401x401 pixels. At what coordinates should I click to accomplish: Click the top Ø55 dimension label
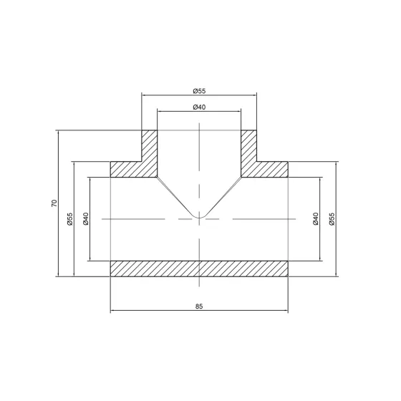[199, 90]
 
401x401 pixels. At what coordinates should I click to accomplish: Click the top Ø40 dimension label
[199, 107]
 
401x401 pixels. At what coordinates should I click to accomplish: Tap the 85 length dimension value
[199, 306]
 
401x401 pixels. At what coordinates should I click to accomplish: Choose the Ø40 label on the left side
[86, 219]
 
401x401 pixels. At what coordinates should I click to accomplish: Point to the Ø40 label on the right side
[316, 219]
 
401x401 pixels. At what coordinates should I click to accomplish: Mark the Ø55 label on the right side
[332, 219]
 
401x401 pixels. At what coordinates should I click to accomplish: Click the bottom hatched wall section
[199, 268]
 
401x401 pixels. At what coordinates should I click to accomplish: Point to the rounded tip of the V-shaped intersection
[199, 217]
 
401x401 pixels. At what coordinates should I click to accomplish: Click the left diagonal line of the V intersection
[175, 193]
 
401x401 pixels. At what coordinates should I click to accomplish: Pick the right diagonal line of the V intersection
[223, 193]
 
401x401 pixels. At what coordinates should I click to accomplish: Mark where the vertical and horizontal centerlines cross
[199, 218]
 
